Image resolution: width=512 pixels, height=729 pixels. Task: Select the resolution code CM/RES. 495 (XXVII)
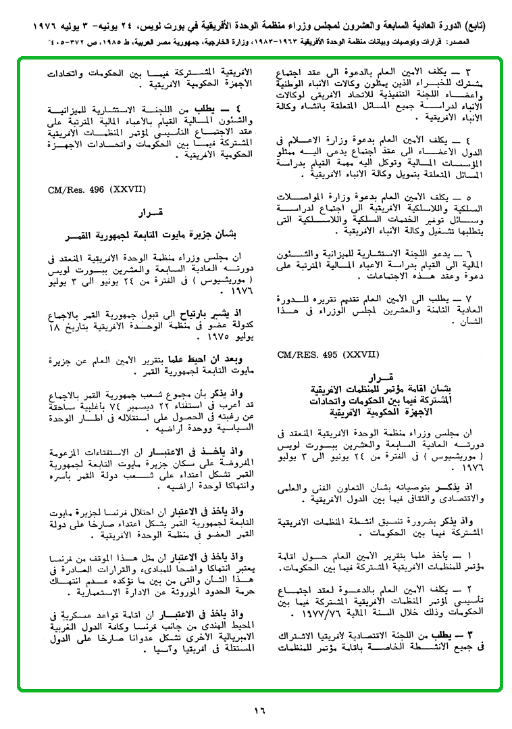[328, 354]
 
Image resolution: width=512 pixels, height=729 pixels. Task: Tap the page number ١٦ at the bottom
[260, 710]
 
